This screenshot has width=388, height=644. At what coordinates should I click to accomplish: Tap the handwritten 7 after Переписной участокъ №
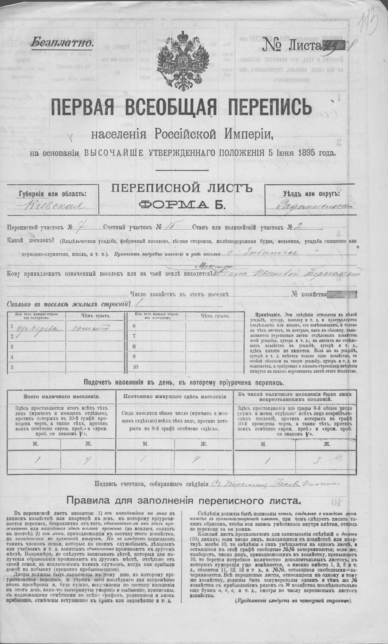77,227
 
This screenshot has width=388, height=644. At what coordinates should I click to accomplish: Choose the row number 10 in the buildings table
135,366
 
